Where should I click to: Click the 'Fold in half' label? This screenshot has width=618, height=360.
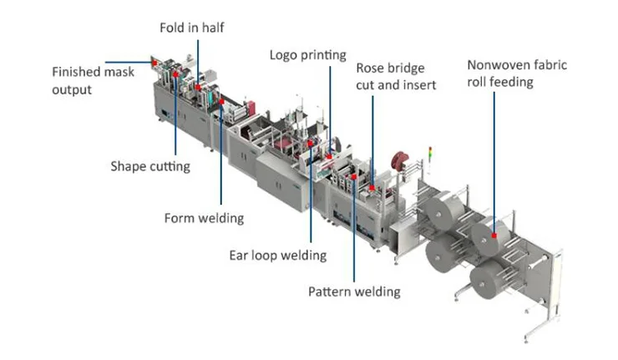coord(192,28)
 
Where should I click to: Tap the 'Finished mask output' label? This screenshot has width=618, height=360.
coord(93,80)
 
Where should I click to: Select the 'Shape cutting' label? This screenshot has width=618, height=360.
coord(150,166)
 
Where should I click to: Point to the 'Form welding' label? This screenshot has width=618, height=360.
coord(204,218)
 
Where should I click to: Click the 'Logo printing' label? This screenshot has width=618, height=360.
coord(308,55)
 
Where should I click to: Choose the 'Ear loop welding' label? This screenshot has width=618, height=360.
coord(278,256)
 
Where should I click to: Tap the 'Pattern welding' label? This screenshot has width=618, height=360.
coord(354,292)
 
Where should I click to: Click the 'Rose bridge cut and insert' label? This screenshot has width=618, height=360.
coord(396,77)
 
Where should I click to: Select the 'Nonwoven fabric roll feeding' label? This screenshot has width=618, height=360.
coord(517,74)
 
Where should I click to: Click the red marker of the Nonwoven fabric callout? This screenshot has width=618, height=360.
coord(494,236)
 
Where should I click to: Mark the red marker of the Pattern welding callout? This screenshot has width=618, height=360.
coord(354,177)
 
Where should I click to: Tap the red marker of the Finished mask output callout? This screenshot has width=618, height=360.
coord(154,63)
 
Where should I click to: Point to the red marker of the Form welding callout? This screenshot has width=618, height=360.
coord(221,102)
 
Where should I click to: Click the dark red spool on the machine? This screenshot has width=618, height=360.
coord(400,161)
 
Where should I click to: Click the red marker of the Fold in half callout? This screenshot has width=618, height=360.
coord(198,87)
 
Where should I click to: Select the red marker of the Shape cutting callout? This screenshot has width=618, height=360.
coord(175,74)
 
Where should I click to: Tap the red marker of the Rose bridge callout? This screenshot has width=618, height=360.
coord(372,188)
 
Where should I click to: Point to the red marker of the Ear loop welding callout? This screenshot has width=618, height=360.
coord(311,144)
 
